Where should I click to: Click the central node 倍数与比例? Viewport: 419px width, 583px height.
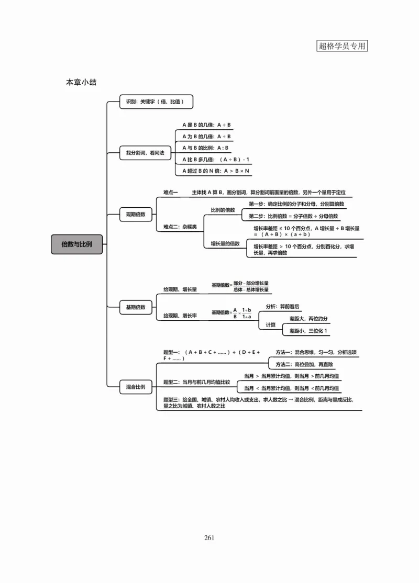[x=76, y=244]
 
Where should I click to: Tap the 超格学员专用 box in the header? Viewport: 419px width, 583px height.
[x=343, y=46]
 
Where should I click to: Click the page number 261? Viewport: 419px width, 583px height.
[x=209, y=537]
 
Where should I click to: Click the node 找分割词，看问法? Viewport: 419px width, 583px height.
[x=141, y=153]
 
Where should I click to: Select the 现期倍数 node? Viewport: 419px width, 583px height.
[x=136, y=214]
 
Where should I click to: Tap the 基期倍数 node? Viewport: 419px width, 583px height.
[x=136, y=307]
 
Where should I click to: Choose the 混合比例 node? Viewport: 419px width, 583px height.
[x=136, y=387]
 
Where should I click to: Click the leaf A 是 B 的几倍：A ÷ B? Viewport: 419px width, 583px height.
[x=207, y=125]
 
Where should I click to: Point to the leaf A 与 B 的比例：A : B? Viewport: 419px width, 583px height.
[x=206, y=148]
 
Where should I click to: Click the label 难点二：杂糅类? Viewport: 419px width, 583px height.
[x=180, y=227]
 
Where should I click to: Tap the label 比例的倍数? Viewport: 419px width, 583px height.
[x=223, y=210]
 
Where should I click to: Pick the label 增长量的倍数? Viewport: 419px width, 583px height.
[x=225, y=243]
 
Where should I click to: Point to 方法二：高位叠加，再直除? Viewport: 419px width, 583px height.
[x=304, y=364]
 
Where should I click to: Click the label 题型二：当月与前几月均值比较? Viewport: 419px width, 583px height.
[x=196, y=382]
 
